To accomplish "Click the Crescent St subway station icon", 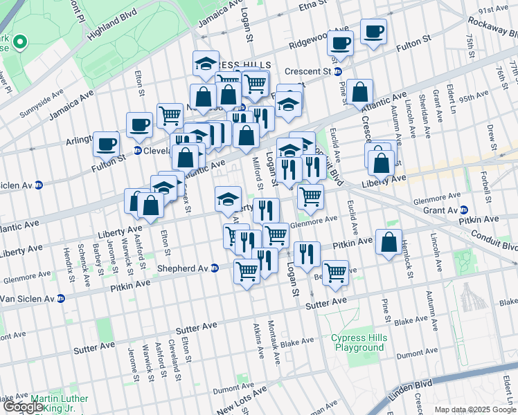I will click(x=338, y=71).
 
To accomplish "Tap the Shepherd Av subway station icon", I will click(x=215, y=268).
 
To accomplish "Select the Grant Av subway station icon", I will click(x=465, y=210).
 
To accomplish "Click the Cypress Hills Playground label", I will click(x=359, y=342).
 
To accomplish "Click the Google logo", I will click(x=23, y=407).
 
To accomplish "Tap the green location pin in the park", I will click(x=19, y=43).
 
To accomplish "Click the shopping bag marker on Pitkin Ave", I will click(x=389, y=242).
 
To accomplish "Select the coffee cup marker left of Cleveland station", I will click(x=106, y=144).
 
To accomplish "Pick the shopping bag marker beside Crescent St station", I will click(x=360, y=92).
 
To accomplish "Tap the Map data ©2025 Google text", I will click(x=475, y=410).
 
